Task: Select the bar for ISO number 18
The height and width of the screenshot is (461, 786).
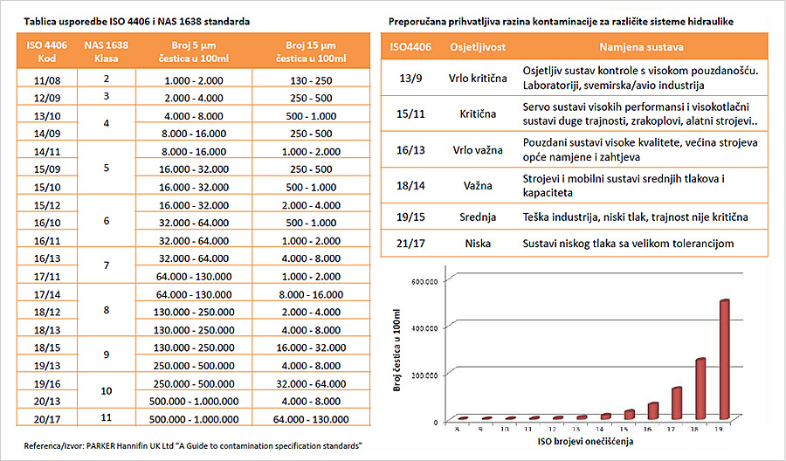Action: pos(700,389)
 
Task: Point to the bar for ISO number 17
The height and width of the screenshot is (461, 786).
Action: pos(676,403)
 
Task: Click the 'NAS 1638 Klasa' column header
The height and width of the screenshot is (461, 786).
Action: pos(106,52)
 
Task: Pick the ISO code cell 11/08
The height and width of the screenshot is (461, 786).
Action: pos(48,79)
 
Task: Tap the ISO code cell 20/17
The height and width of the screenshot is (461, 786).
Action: pos(48,417)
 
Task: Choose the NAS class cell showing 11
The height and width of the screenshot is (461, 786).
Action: pos(106,417)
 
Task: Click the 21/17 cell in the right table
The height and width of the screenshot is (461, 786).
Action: pos(407,243)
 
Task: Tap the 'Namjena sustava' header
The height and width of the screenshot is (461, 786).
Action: pos(641,45)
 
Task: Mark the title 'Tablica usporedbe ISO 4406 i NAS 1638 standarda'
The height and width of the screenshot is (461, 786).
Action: pos(131,19)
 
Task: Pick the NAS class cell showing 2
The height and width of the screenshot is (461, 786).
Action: pos(106,79)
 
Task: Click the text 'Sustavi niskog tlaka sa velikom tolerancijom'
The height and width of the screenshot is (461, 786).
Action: pos(629,244)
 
